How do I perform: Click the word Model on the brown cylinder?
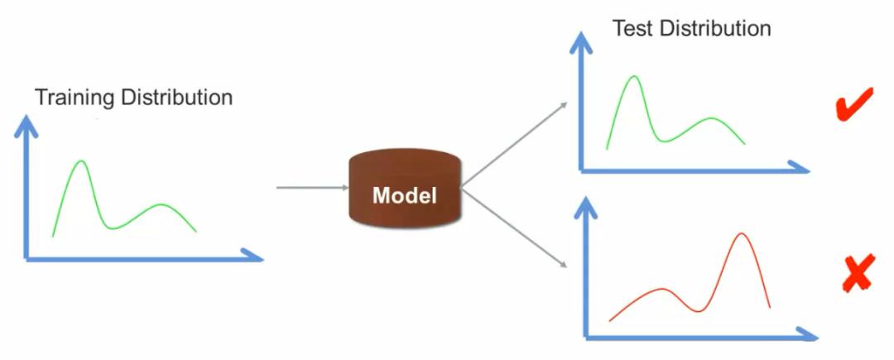404,195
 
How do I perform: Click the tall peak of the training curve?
80,162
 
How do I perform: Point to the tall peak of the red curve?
742,235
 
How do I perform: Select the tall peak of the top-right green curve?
634,78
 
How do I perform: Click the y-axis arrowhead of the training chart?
27,124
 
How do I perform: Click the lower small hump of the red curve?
662,290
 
